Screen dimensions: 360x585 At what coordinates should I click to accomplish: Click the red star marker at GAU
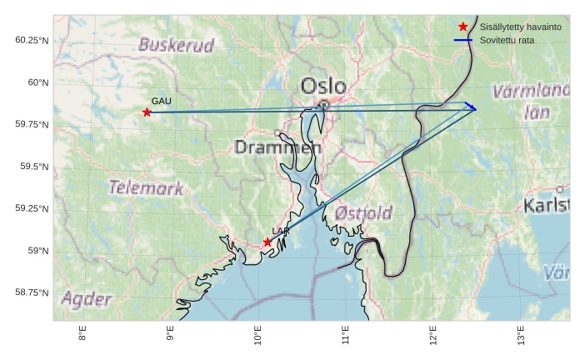(x=147, y=112)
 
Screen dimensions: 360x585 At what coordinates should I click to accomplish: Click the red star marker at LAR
(x=267, y=242)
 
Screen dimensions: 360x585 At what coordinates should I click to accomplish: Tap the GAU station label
(x=161, y=101)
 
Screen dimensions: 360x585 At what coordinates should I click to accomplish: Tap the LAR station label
(x=280, y=231)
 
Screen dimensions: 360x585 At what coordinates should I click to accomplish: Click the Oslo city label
(x=323, y=86)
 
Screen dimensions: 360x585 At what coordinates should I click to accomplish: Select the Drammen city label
(x=277, y=147)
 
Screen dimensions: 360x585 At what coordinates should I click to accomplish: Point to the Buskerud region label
(x=176, y=45)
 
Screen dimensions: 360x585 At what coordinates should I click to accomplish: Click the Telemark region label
(x=146, y=187)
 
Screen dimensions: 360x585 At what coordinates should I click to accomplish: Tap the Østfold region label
(x=363, y=214)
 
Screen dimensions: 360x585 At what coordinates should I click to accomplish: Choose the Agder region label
(x=86, y=299)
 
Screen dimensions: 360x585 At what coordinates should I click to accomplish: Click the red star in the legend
(x=463, y=27)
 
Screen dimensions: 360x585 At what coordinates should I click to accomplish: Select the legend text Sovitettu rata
(x=507, y=40)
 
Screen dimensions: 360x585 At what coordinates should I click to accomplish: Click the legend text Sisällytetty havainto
(x=520, y=27)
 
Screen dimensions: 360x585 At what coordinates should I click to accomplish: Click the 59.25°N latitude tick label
(x=32, y=208)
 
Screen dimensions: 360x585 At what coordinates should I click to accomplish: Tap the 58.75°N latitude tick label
(x=32, y=292)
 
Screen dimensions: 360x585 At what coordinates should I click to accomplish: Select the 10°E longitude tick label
(x=257, y=336)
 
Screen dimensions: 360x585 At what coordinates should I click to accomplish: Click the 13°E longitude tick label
(x=520, y=336)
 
